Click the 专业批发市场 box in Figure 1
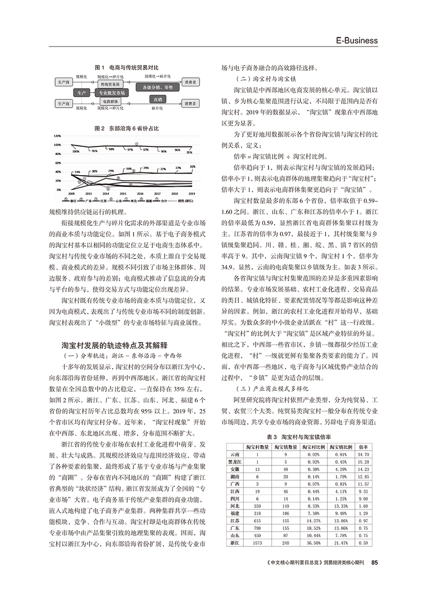coord(111,93)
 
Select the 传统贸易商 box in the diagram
coord(110,83)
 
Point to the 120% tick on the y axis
coord(56,136)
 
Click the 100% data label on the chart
coord(76,152)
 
